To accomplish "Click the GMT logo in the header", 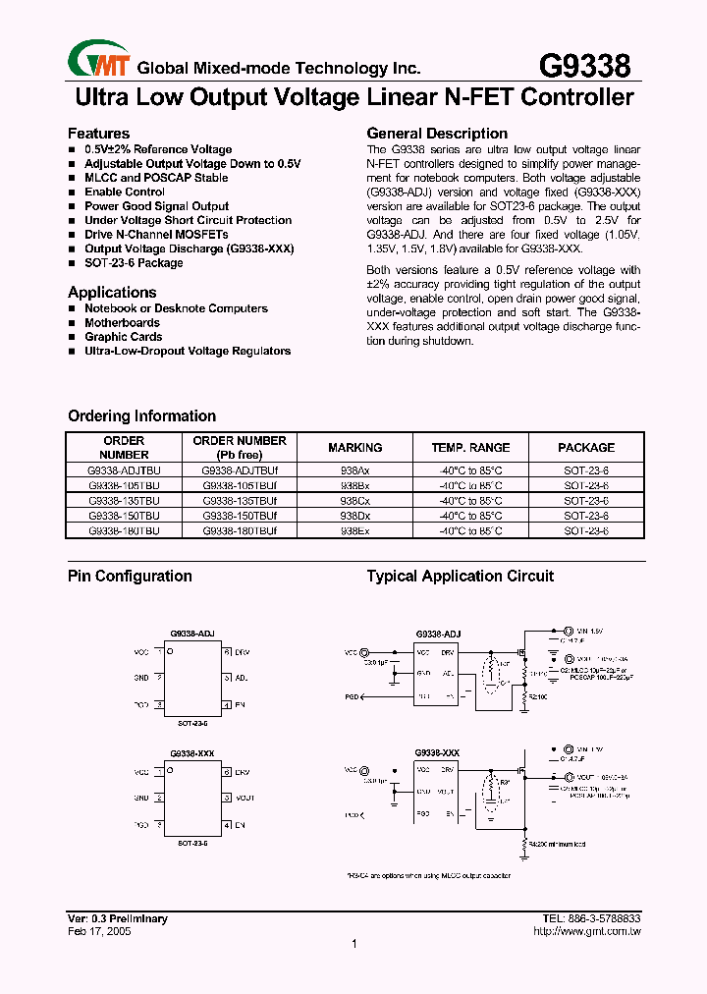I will coord(98,62).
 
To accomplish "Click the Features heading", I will coord(98,134).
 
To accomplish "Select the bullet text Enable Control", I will coord(125,193).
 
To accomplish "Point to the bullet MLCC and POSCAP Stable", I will coord(156,178).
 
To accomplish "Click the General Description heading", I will coord(437,134).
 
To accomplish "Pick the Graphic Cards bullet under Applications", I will coord(123,337).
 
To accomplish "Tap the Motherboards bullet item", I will coord(122,322).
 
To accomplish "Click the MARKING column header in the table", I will coord(354,448).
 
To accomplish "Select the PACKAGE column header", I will coord(586,448).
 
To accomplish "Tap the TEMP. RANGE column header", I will coord(470,448).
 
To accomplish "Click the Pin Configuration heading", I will coord(130,577).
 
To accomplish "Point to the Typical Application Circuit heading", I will coord(460,577).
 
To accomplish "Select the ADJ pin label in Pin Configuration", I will coord(242,678).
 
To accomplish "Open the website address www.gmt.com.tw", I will coord(592,931).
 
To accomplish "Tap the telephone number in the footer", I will coord(591,918).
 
